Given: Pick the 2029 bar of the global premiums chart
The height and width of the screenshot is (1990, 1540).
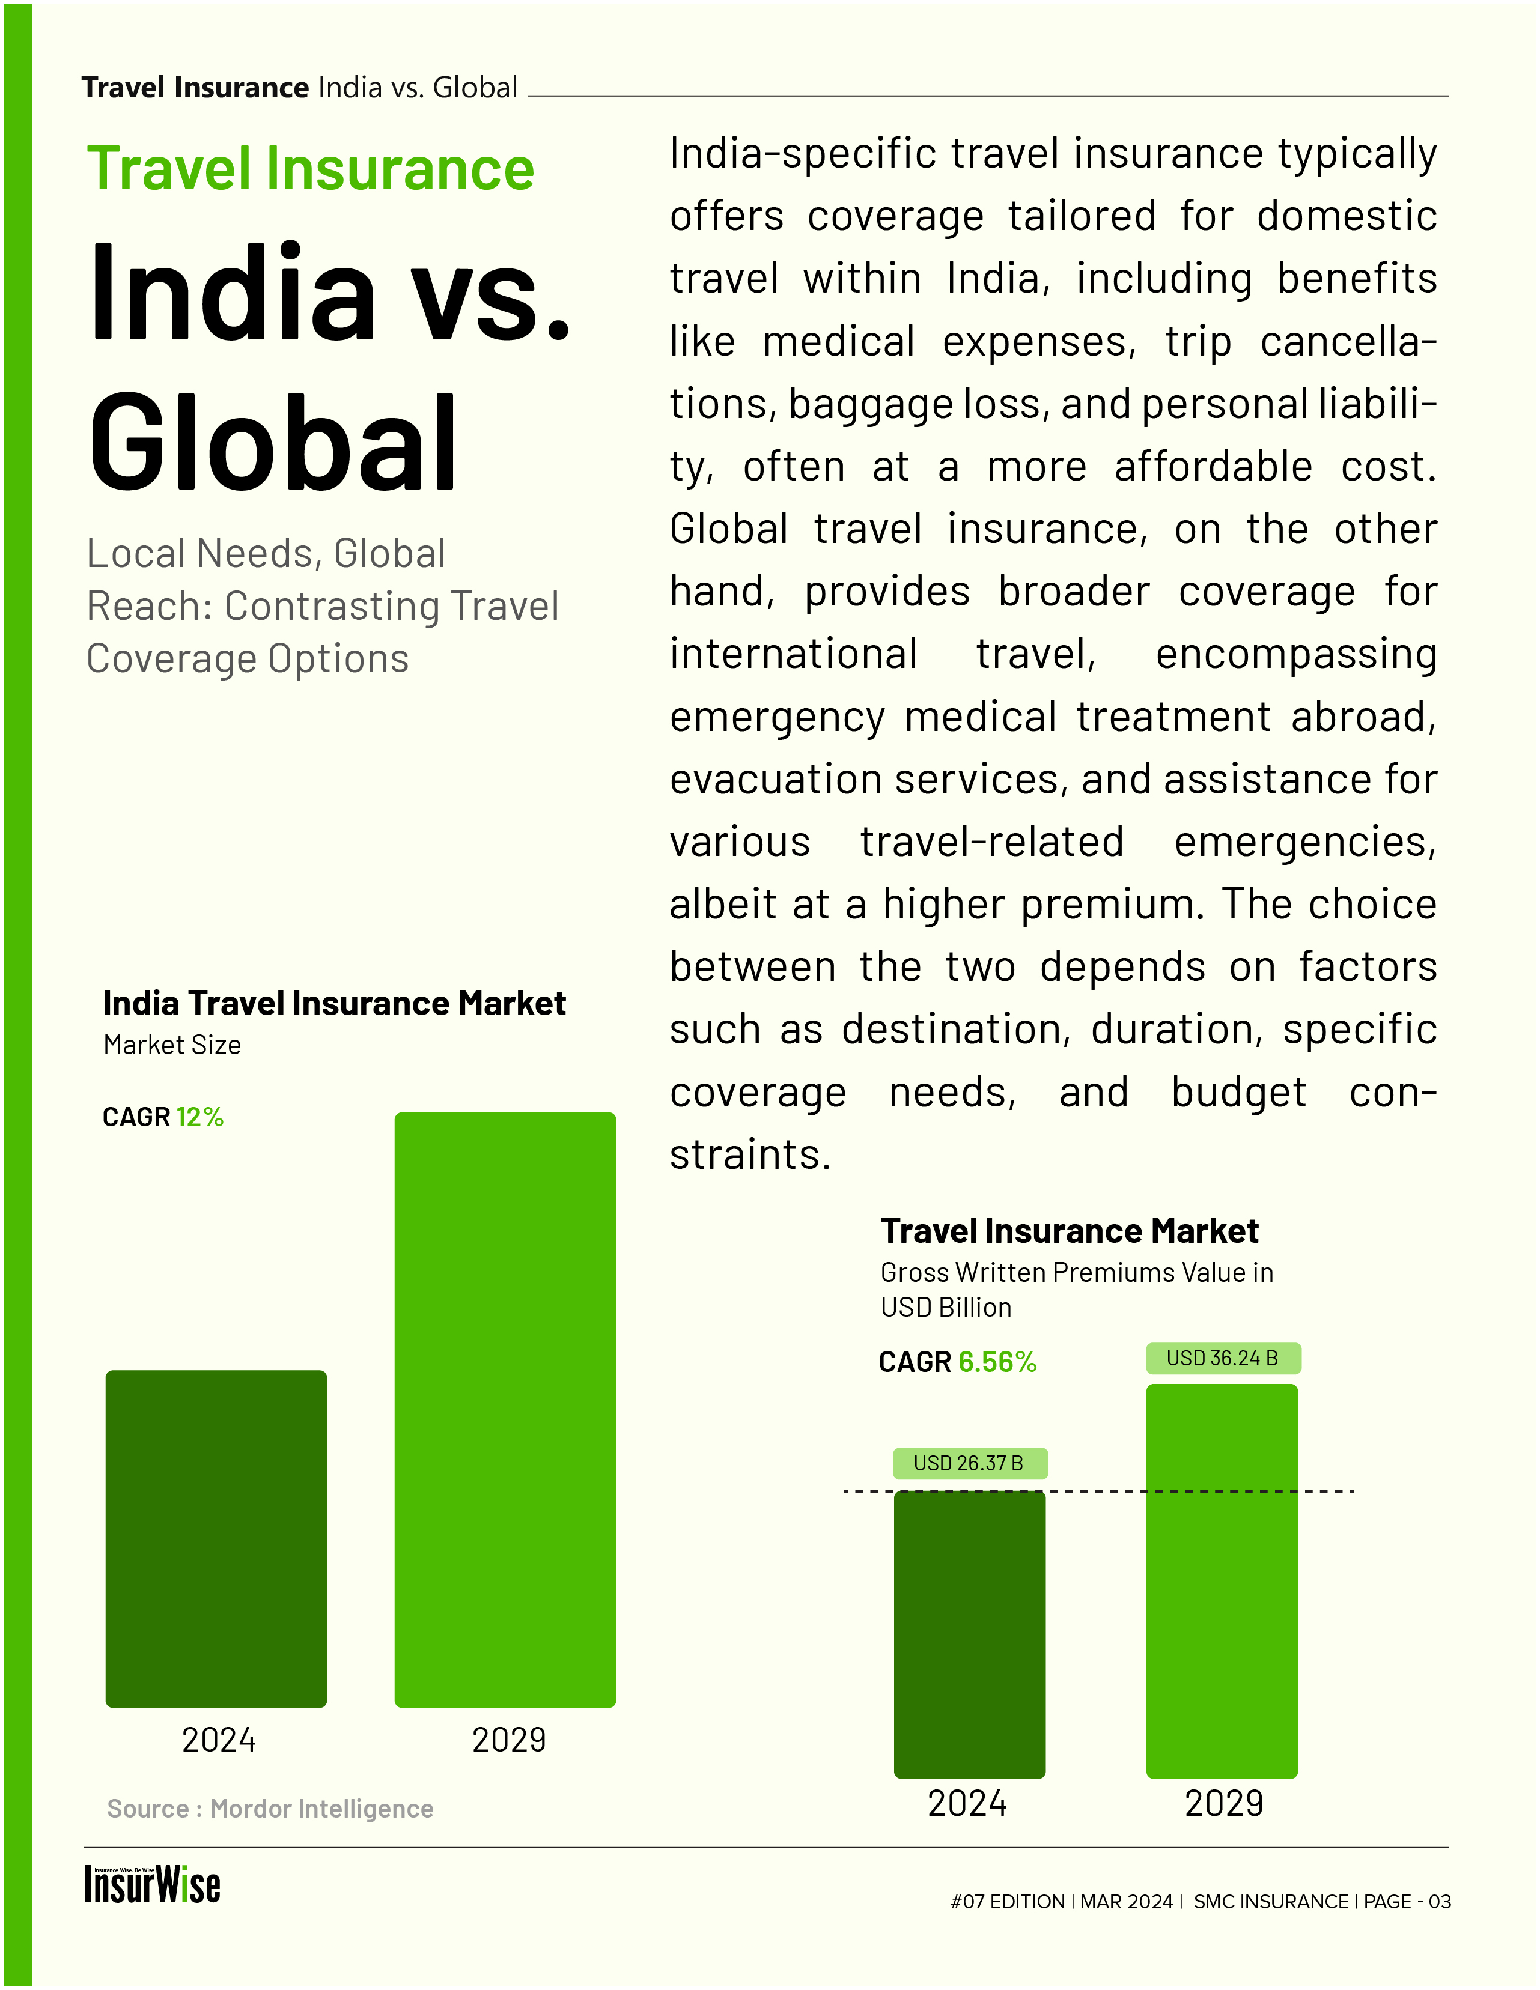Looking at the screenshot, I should pos(1221,1581).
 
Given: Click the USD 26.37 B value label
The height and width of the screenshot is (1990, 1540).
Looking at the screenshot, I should pos(969,1463).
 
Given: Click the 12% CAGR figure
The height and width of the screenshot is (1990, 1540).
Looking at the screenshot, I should pos(199,1117).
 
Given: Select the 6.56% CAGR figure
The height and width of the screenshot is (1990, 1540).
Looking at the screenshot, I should pos(997,1362).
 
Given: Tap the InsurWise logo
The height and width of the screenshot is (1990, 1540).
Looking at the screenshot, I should pos(152,1885).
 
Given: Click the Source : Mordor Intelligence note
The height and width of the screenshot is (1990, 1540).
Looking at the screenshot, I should pos(270,1809).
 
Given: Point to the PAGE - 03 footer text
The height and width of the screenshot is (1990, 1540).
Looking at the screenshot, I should pos(1407,1902).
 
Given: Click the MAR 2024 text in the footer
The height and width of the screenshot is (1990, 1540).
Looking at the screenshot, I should pos(1126,1902).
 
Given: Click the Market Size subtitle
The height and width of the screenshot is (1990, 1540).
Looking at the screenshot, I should pos(172,1045).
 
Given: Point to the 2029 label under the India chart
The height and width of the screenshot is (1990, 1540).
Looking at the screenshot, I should pos(508,1740).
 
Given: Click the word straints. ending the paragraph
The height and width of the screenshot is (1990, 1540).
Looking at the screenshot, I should pos(750,1155).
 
